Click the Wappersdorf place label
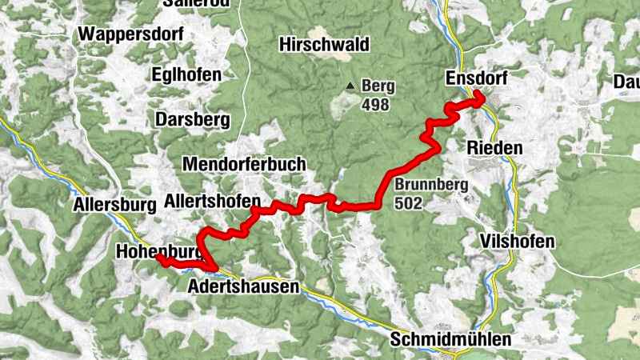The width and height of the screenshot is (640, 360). (x=131, y=34)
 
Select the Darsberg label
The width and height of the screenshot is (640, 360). (x=192, y=120)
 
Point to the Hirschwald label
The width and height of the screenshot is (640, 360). (x=318, y=45)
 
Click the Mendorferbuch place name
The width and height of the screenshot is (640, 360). (x=244, y=164)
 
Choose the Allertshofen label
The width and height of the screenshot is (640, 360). (x=212, y=200)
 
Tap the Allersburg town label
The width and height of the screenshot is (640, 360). (x=114, y=204)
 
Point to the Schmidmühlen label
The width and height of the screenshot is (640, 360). (x=450, y=339)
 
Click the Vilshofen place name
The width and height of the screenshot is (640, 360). (x=518, y=242)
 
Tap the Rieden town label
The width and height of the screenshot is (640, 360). (x=494, y=148)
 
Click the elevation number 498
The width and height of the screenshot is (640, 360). (x=374, y=104)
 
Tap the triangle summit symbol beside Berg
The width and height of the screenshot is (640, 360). (x=350, y=86)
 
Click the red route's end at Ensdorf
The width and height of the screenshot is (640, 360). (x=479, y=98)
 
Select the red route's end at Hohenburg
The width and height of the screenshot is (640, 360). (x=159, y=259)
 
